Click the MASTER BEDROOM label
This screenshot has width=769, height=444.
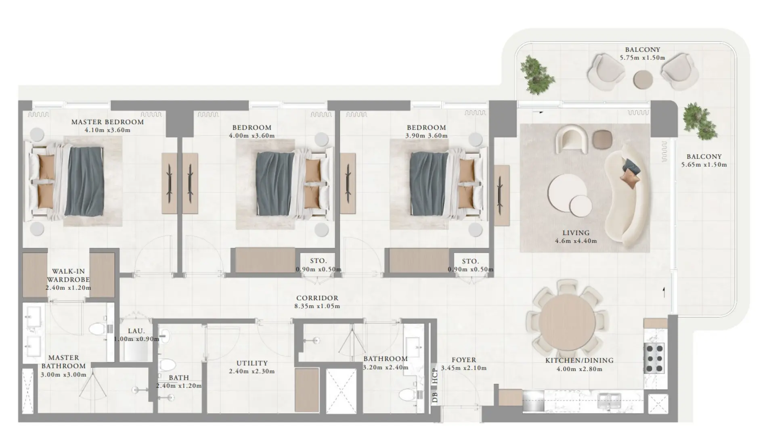(107, 122)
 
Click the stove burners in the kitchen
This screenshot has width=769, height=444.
(654, 358)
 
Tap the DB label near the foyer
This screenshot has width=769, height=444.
(434, 397)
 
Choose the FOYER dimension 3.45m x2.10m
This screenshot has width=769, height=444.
(463, 368)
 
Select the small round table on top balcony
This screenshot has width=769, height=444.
(643, 80)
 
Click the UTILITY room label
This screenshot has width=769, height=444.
(252, 363)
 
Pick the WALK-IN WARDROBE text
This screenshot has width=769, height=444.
(68, 276)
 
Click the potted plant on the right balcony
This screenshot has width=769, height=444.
(700, 121)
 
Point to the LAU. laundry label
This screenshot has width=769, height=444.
(136, 331)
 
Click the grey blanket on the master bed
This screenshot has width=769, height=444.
(84, 181)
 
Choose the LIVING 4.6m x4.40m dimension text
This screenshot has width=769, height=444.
(576, 241)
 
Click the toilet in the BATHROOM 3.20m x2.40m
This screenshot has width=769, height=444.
(407, 394)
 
